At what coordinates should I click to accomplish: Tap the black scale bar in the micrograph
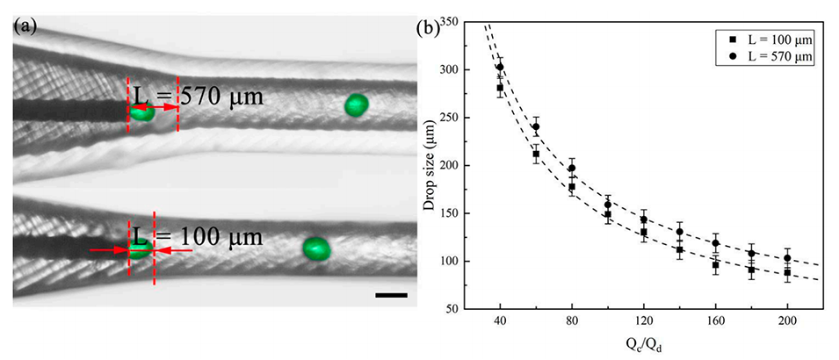391,295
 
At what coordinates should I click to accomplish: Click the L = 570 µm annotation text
196,94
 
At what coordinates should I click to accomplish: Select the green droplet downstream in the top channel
356,104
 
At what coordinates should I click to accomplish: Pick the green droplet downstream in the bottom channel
316,248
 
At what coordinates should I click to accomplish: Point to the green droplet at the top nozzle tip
142,112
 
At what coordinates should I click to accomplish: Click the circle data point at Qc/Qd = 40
500,67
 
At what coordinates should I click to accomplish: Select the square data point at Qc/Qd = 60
536,155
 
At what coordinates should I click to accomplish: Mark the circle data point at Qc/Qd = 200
787,258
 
